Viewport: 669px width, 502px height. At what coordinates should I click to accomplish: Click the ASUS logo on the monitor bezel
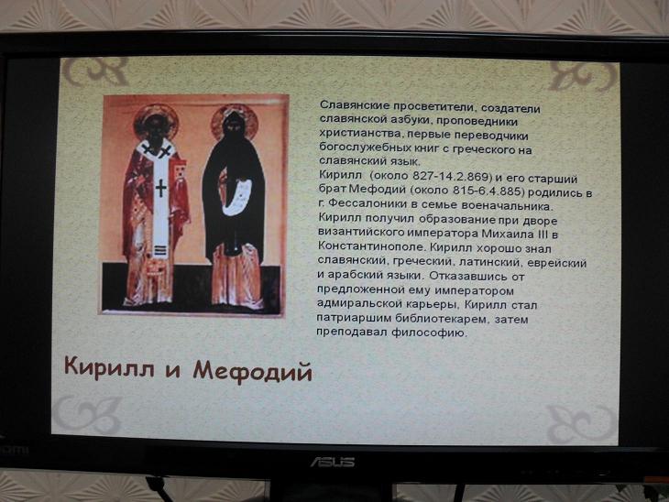[x=333, y=462]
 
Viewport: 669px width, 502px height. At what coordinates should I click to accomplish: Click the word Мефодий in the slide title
[x=253, y=370]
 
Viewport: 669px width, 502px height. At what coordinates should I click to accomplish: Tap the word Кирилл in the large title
[x=109, y=366]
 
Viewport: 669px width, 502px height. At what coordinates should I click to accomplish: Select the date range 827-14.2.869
[x=452, y=176]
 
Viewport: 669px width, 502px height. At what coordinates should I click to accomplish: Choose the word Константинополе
[x=371, y=246]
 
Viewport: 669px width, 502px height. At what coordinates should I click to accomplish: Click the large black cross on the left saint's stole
[x=161, y=188]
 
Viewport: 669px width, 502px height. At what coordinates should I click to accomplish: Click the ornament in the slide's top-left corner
[x=95, y=71]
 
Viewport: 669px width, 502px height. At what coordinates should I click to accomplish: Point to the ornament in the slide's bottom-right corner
[x=582, y=424]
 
